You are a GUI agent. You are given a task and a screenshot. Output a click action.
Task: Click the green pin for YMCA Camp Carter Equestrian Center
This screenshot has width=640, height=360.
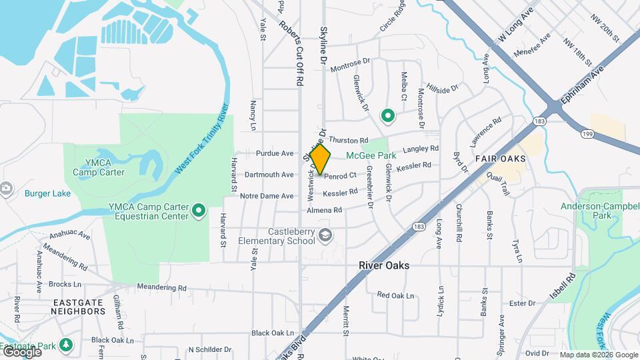point(199,211)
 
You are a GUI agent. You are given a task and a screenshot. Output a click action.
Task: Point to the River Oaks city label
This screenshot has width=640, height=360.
point(383,265)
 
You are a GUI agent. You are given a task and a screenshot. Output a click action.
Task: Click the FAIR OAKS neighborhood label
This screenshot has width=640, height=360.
point(500,159)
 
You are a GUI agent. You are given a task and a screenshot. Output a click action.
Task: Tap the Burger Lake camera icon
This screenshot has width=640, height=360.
point(6,189)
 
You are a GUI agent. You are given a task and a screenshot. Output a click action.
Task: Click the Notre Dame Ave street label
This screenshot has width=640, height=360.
point(267,196)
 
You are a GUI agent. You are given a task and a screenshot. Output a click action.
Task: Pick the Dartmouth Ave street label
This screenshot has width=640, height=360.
point(269,175)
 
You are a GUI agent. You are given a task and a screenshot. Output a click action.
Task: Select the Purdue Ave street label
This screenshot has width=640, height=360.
point(275,153)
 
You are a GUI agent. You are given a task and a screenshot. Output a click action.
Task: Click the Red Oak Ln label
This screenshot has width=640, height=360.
point(395,295)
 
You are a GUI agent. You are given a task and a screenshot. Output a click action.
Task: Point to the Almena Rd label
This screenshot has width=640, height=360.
point(324,210)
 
